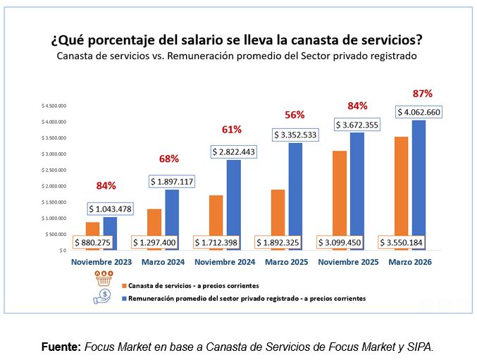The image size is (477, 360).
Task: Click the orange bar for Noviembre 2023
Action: point(92,230)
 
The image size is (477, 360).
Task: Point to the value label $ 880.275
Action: point(96,242)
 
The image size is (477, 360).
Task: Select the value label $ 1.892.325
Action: point(282,242)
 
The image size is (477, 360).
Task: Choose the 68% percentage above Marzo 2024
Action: point(170,159)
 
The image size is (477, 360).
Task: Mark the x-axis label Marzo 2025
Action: point(287,262)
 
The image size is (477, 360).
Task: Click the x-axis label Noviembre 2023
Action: point(101,262)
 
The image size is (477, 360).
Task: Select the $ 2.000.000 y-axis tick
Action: point(54,186)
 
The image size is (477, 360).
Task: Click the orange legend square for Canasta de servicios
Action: point(124,286)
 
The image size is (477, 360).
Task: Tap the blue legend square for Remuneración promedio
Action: point(124,299)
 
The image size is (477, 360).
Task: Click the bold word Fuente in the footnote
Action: point(61,347)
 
